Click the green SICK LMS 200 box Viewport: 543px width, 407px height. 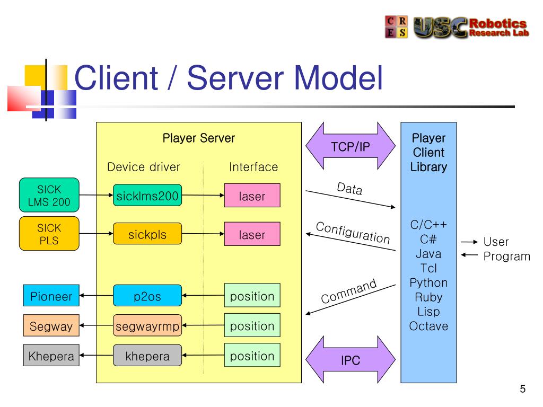tap(49, 195)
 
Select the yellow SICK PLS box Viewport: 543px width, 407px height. tap(49, 234)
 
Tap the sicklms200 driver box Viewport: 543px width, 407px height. tap(147, 195)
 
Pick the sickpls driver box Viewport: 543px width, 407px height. tap(147, 234)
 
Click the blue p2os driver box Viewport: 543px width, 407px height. tap(147, 296)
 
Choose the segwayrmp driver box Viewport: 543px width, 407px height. tap(147, 325)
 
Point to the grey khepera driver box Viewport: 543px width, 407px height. tap(147, 355)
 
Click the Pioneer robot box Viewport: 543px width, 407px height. tap(51, 296)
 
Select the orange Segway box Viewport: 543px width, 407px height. tap(51, 325)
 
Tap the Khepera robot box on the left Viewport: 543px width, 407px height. tap(51, 355)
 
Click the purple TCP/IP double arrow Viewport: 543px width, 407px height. tap(351, 146)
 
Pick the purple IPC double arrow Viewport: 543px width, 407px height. tap(351, 360)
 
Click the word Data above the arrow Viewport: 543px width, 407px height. tap(350, 189)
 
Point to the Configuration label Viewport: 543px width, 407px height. tap(353, 233)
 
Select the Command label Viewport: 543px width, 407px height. tap(348, 291)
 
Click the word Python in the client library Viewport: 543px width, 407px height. tap(428, 283)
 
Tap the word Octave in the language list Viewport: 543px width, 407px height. tap(428, 326)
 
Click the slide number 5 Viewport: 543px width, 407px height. tap(522, 388)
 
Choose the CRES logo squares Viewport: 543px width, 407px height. tap(397, 26)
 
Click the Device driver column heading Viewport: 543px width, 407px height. tap(144, 167)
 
